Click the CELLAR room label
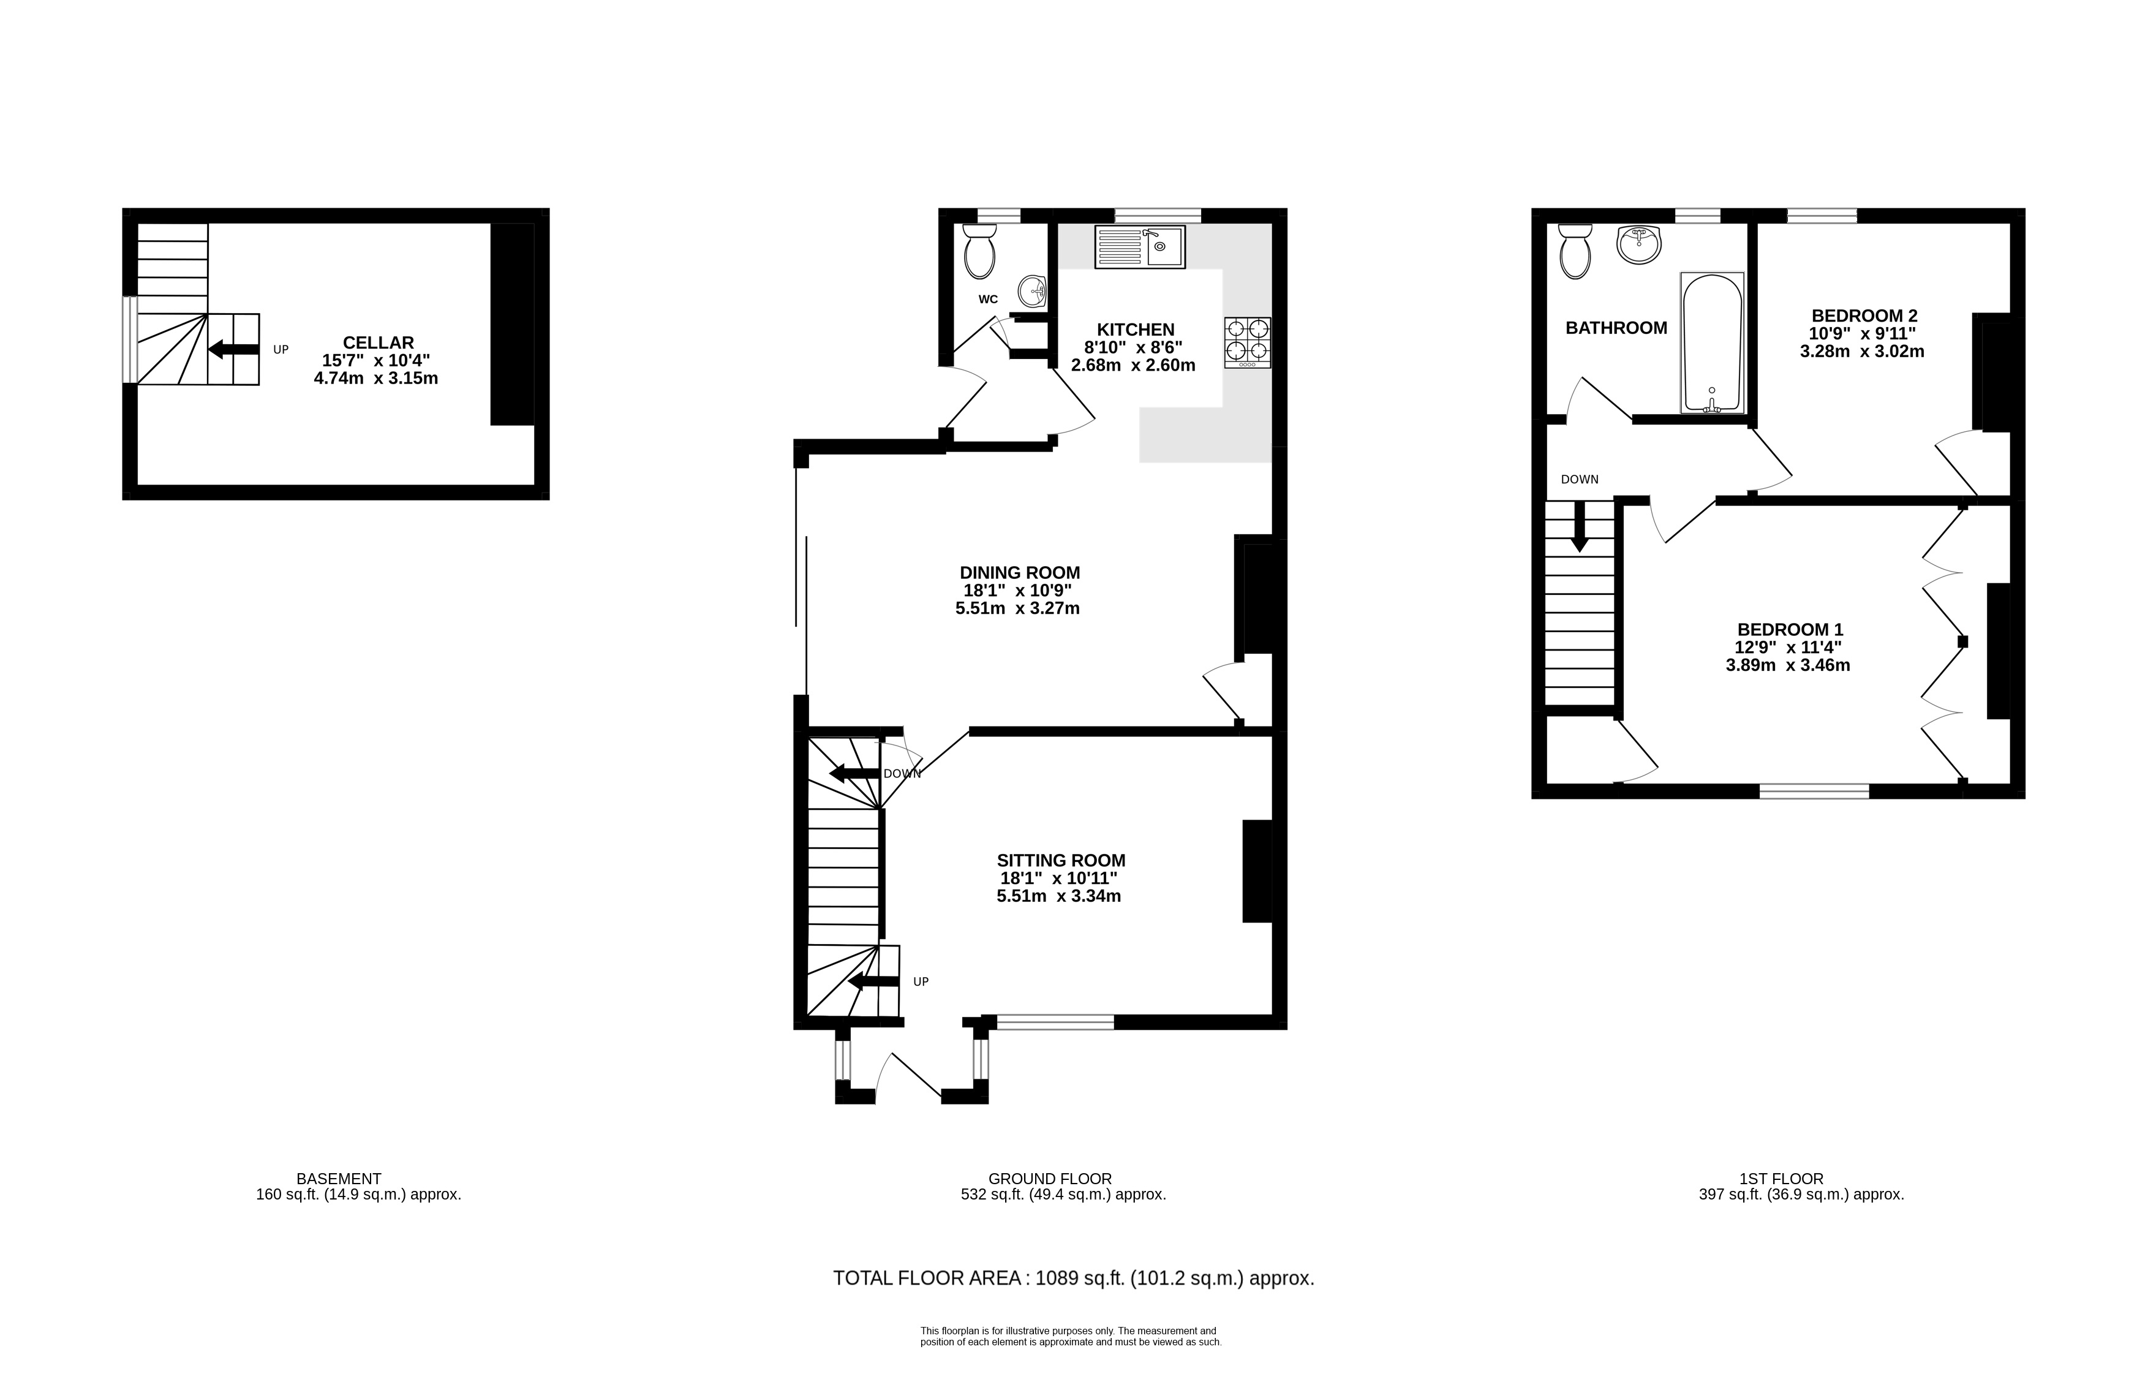coord(378,343)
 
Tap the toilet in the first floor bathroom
coord(1576,252)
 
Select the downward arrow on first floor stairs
coord(1580,526)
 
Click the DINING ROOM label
coord(1020,573)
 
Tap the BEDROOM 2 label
coord(1864,316)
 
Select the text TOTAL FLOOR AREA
coord(927,1278)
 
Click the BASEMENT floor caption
coord(339,1179)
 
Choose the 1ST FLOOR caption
coord(1782,1179)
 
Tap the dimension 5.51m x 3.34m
coord(1058,896)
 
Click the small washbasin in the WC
coord(1031,290)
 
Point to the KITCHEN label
coord(1136,330)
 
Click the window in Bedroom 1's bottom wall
coord(1814,792)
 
